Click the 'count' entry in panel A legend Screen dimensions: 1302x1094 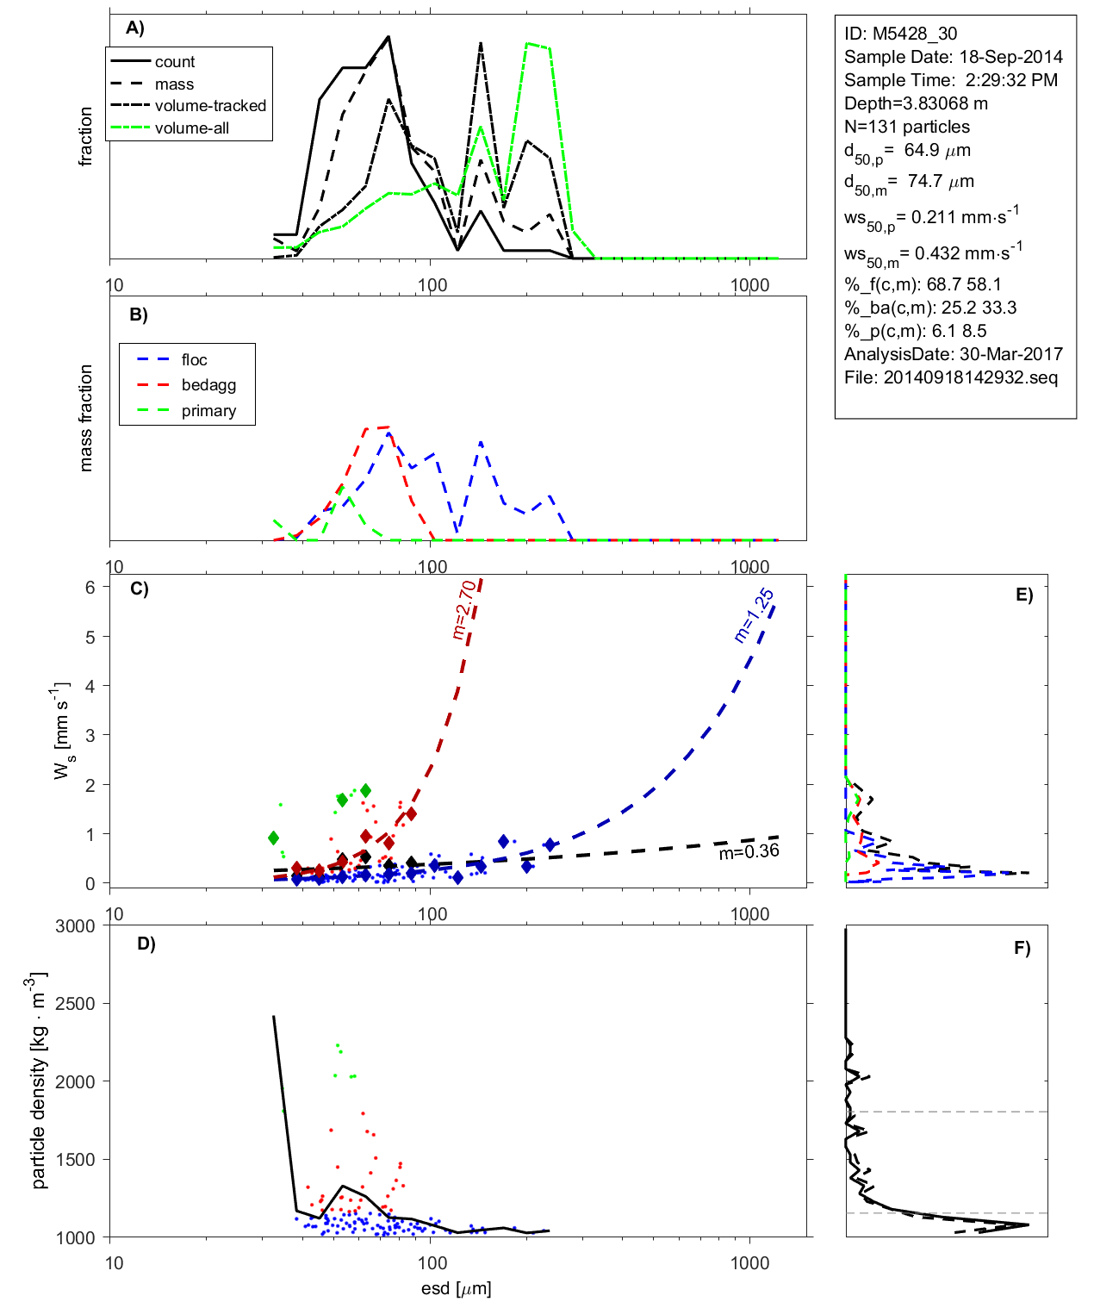click(x=175, y=62)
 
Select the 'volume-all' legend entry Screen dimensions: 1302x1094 click(x=192, y=128)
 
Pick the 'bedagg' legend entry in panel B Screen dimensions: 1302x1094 click(x=208, y=385)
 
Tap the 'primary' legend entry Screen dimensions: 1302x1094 click(x=208, y=411)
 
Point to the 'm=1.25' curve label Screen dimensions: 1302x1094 click(x=754, y=615)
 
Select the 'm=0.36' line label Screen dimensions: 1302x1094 click(x=749, y=851)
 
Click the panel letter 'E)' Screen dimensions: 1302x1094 click(x=1024, y=595)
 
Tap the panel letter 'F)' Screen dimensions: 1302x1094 click(x=1023, y=948)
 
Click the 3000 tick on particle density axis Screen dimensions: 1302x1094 click(x=75, y=926)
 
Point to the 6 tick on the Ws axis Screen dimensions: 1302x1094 click(x=90, y=587)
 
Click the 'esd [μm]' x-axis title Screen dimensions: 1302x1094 click(x=456, y=1288)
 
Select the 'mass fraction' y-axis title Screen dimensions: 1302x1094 click(x=85, y=418)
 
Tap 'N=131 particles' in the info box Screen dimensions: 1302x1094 click(x=906, y=127)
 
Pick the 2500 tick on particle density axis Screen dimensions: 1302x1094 click(x=75, y=1004)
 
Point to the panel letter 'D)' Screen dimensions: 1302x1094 click(x=146, y=944)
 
